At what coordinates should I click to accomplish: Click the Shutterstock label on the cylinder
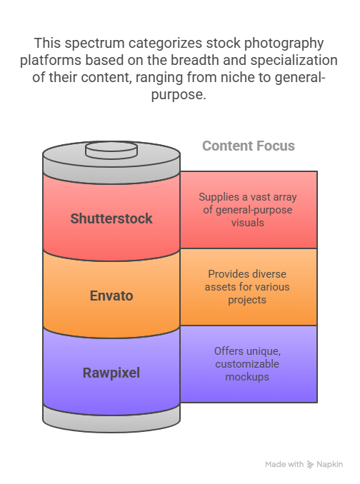(111, 218)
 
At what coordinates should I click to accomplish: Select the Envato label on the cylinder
(111, 296)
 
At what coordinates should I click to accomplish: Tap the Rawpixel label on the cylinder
(111, 373)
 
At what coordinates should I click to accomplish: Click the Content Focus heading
(249, 146)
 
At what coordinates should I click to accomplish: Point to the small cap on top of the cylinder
(111, 150)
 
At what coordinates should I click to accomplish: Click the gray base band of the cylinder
(111, 420)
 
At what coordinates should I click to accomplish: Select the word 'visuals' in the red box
(248, 223)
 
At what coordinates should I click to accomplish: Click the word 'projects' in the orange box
(247, 300)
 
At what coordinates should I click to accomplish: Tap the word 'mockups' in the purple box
(247, 377)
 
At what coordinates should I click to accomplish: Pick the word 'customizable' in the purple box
(247, 364)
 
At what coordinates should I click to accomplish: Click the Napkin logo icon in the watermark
(310, 465)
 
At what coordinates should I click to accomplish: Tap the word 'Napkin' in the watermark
(329, 465)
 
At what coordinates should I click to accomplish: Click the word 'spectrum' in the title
(94, 44)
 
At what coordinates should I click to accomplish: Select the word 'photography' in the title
(284, 44)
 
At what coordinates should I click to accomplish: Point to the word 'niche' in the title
(238, 77)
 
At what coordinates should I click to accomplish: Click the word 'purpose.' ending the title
(179, 95)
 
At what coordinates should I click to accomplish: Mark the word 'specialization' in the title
(294, 61)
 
